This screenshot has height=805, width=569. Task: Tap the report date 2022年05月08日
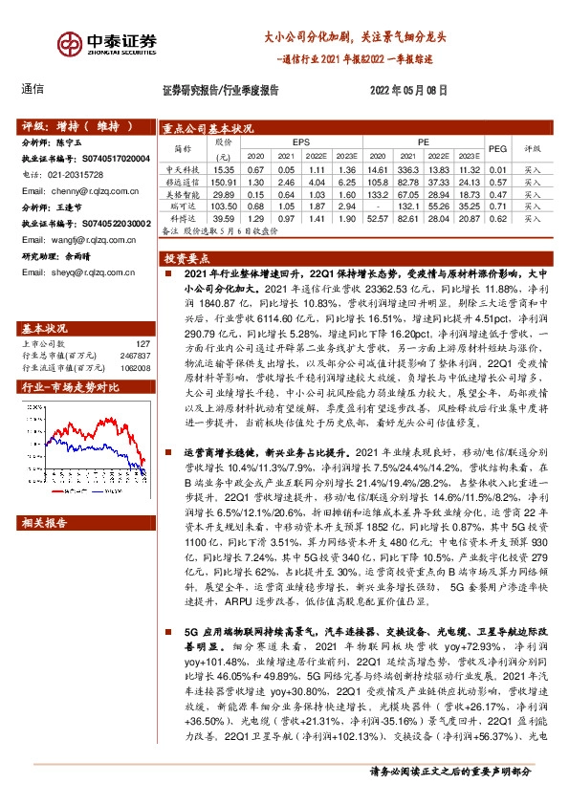point(407,91)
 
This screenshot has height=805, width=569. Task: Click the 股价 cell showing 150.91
point(222,180)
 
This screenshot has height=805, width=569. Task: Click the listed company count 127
point(142,316)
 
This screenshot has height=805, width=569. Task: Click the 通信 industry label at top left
point(32,90)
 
